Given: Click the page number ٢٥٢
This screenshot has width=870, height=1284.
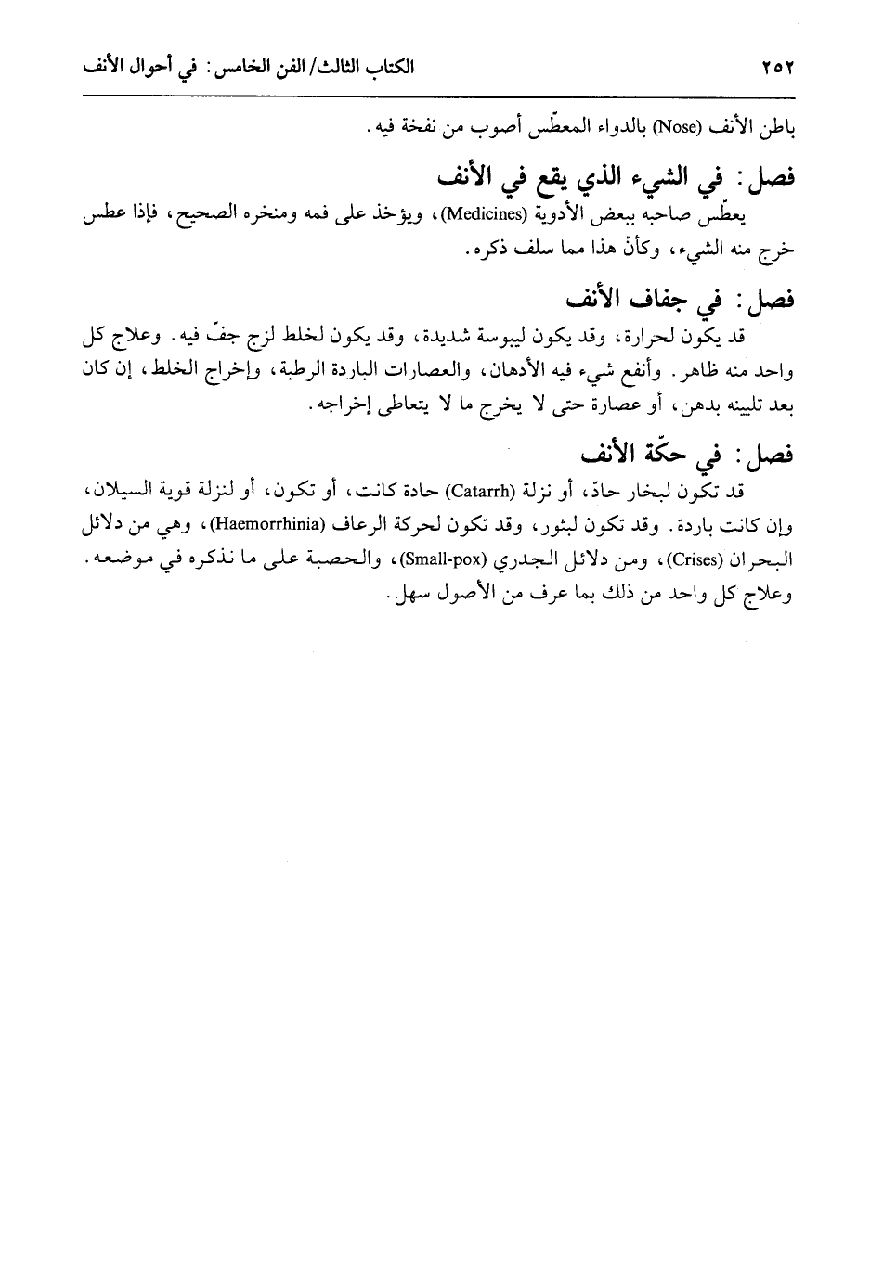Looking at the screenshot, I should (781, 69).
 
